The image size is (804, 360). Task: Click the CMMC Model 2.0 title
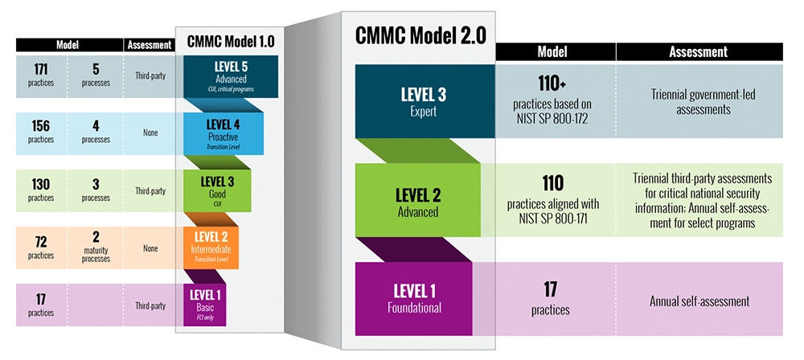(x=420, y=35)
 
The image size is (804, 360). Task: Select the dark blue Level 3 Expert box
(x=425, y=101)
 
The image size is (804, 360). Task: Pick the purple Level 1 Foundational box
(x=414, y=298)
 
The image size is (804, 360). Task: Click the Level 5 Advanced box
(x=231, y=76)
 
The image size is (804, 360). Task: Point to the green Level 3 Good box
(x=217, y=190)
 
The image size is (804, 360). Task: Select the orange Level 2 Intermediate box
(x=211, y=248)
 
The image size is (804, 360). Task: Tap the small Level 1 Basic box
(x=204, y=305)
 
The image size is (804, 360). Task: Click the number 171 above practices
(x=40, y=69)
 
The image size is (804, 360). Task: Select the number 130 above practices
(x=40, y=184)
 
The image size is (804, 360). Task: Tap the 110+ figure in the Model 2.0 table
(x=552, y=83)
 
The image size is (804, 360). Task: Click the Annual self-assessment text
(x=699, y=301)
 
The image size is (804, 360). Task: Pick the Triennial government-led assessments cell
(x=699, y=101)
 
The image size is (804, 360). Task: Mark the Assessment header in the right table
(x=699, y=51)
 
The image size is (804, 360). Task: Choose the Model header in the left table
(x=68, y=45)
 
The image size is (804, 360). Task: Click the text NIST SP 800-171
(x=553, y=218)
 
